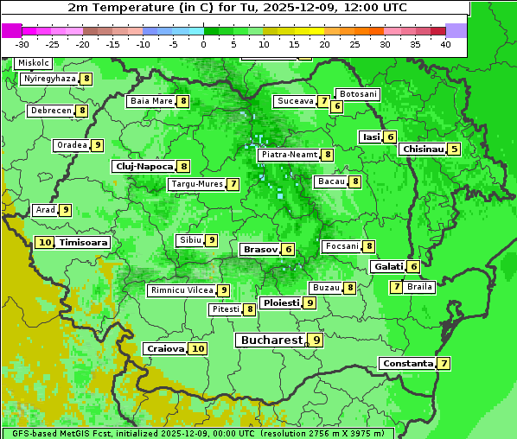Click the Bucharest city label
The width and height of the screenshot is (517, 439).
point(271,340)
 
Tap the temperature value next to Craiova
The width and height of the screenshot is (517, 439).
point(198,348)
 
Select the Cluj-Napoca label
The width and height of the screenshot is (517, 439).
point(144,166)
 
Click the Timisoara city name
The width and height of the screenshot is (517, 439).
point(83,243)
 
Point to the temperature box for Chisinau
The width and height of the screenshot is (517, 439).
point(454,149)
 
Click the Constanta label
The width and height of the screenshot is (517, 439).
point(407,363)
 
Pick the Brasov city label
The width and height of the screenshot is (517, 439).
point(260,249)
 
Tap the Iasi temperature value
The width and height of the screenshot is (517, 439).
point(390,137)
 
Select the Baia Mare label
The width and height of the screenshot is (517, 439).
point(151,101)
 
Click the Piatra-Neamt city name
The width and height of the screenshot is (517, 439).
point(289,155)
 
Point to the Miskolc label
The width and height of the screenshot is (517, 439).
point(34,63)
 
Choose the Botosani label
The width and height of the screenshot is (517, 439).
point(357,93)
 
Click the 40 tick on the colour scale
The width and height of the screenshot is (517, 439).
point(445,44)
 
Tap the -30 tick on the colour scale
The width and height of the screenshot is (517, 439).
point(22,44)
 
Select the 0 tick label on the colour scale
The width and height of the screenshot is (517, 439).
point(204,44)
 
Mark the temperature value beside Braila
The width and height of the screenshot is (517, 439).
point(395,287)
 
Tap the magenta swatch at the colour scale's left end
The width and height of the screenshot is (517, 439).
point(12,30)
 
